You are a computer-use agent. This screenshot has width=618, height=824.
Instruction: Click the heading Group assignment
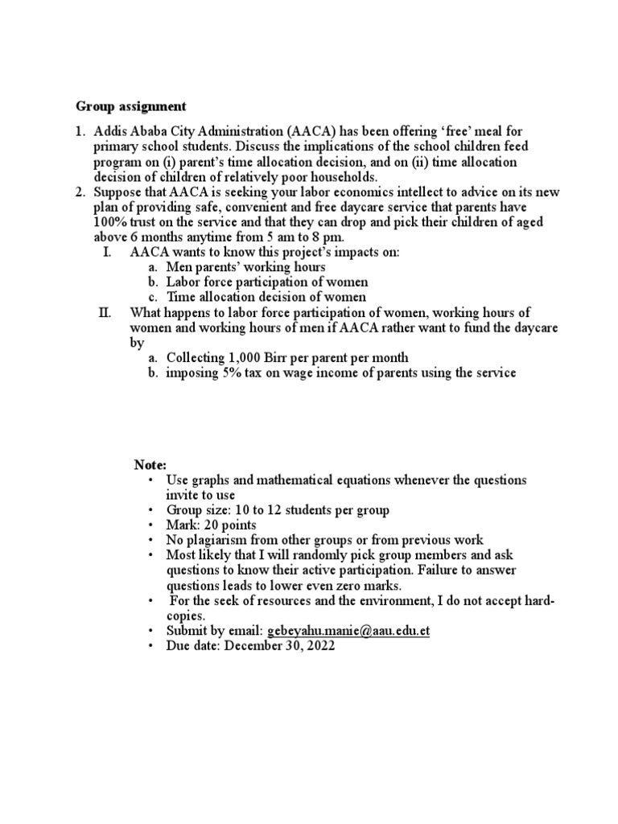pos(131,106)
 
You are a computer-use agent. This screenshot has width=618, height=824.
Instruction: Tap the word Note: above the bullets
pos(150,464)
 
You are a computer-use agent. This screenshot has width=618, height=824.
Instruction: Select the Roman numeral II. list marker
pos(104,312)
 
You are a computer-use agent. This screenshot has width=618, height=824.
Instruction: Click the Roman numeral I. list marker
pos(107,252)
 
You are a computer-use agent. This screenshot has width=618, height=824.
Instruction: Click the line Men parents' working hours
pos(245,267)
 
